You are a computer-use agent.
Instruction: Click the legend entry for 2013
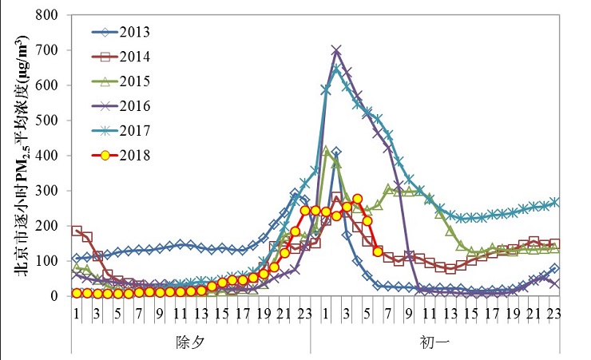click(120, 33)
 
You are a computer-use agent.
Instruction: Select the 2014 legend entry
click(120, 57)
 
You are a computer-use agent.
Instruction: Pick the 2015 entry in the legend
click(120, 81)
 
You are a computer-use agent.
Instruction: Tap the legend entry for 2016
click(120, 106)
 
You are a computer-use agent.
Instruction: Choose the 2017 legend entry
click(120, 130)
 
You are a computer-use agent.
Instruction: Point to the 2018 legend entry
click(120, 155)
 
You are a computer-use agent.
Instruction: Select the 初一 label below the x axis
click(435, 342)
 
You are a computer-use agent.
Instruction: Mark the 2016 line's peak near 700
click(336, 50)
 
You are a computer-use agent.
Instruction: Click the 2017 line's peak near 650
click(336, 69)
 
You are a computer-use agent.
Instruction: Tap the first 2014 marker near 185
click(77, 231)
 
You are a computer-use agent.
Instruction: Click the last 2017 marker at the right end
click(555, 202)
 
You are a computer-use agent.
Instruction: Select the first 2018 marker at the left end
click(77, 293)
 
